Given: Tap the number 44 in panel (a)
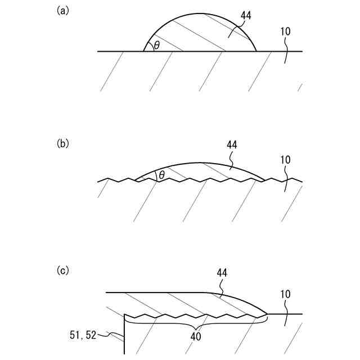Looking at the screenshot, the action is (246, 16).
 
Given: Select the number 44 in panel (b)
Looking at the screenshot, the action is (232, 145).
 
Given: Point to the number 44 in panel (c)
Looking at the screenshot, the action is (222, 273).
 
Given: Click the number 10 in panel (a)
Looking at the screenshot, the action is (285, 31).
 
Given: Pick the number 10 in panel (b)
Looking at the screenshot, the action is (285, 160).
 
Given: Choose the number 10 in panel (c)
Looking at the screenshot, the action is (285, 294).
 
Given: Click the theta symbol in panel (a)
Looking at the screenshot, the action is (156, 45).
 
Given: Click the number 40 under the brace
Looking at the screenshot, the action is (196, 337).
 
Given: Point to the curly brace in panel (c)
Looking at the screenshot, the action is (196, 322).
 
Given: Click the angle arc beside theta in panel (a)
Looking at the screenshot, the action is (148, 44).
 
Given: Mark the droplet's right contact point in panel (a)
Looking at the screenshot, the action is (256, 51).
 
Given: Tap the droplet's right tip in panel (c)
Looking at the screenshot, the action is (267, 314).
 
